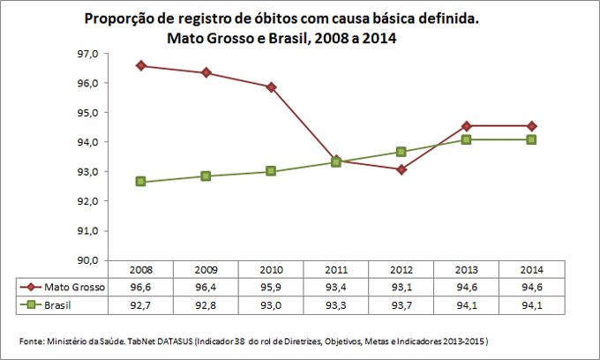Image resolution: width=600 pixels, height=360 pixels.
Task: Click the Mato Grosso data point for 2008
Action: click(141, 65)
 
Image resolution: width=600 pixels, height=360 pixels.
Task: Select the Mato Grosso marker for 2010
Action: click(271, 86)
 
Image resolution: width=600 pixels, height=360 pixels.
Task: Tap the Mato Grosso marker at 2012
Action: click(401, 169)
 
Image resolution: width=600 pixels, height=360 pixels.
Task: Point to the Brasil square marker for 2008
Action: click(141, 182)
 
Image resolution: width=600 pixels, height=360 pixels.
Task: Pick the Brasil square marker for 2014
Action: click(530, 139)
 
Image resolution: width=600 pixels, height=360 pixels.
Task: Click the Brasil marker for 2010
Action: click(271, 171)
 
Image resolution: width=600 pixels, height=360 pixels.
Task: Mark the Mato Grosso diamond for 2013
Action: click(466, 126)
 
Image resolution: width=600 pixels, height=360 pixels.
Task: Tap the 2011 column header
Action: click(335, 269)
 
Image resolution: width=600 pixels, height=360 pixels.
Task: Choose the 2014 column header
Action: click(530, 269)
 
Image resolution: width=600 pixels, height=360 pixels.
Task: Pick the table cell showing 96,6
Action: click(141, 287)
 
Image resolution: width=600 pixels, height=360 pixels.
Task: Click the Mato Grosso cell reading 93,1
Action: click(401, 287)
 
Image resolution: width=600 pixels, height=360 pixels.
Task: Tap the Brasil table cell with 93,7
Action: click(401, 304)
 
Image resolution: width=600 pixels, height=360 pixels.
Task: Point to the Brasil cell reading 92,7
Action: click(141, 304)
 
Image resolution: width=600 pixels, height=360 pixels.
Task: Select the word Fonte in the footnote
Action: click(32, 341)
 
